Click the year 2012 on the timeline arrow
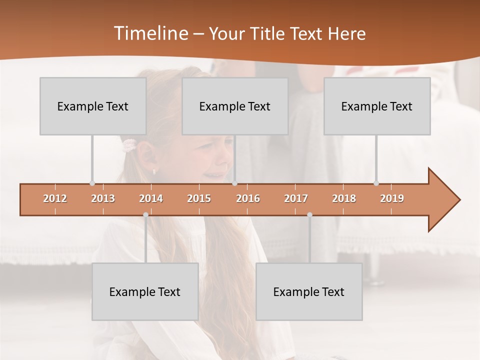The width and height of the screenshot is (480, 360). [x=55, y=198]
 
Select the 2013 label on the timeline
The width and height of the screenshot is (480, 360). [x=103, y=198]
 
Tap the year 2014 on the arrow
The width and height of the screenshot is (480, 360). [x=151, y=198]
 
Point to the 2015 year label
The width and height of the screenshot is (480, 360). [x=199, y=198]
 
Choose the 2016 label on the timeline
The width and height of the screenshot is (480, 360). [x=248, y=198]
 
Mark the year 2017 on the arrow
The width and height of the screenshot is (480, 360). [x=296, y=198]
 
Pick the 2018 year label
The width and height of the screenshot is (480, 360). [x=344, y=198]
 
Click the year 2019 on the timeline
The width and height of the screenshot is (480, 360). [x=392, y=198]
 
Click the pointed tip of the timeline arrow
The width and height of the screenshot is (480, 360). [x=458, y=200]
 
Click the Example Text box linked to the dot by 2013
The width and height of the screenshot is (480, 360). [x=93, y=106]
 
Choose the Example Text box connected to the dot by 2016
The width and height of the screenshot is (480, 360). [x=235, y=106]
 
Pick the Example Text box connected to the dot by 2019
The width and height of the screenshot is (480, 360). [x=377, y=106]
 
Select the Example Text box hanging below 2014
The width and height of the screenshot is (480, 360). [x=145, y=291]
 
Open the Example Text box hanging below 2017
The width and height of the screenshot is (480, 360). [x=309, y=291]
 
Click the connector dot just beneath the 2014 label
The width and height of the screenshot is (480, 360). [x=145, y=214]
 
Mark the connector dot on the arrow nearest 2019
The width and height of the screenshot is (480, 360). [x=376, y=183]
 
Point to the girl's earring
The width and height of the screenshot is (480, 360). [x=154, y=171]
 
